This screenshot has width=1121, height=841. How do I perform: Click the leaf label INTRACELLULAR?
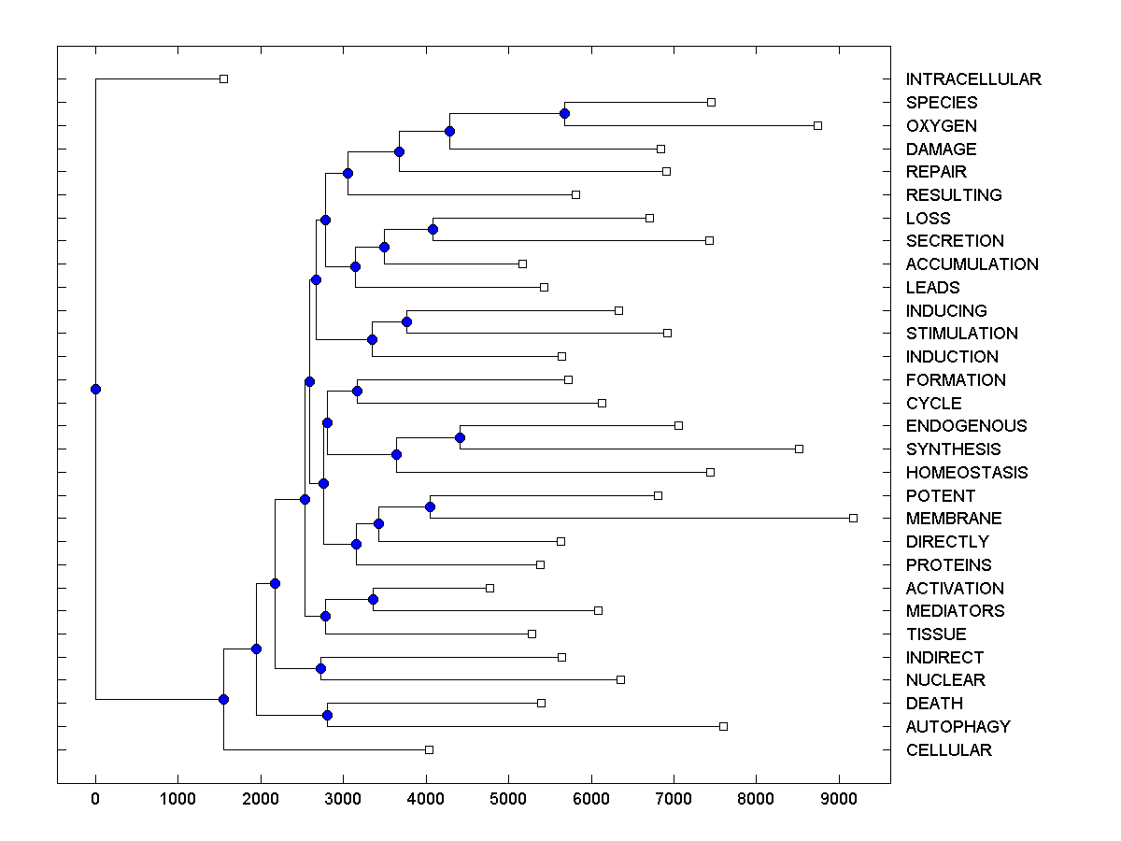pyautogui.click(x=972, y=79)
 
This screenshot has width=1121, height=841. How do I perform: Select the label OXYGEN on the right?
pyautogui.click(x=941, y=126)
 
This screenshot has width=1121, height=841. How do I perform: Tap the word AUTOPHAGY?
pyautogui.click(x=958, y=727)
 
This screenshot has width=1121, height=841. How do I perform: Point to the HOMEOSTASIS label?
pyautogui.click(x=966, y=473)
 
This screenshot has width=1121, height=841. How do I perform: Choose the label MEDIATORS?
pyautogui.click(x=955, y=611)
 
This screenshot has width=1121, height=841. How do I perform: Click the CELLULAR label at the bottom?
pyautogui.click(x=948, y=750)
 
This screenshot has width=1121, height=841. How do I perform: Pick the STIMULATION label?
pyautogui.click(x=961, y=334)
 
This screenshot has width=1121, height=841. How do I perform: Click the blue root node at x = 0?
pyautogui.click(x=95, y=389)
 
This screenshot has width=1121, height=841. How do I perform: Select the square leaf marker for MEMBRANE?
pyautogui.click(x=853, y=518)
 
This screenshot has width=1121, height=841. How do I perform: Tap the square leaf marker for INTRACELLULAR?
pyautogui.click(x=223, y=78)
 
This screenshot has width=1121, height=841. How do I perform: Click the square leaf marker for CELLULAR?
pyautogui.click(x=429, y=749)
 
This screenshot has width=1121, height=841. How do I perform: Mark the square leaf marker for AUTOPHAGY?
pyautogui.click(x=723, y=726)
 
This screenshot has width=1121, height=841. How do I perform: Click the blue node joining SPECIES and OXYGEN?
pyautogui.click(x=564, y=113)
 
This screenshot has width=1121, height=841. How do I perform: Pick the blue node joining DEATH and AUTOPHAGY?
pyautogui.click(x=327, y=715)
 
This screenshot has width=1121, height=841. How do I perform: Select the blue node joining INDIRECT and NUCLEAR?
pyautogui.click(x=320, y=668)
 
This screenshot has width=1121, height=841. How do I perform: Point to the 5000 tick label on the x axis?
pyautogui.click(x=508, y=798)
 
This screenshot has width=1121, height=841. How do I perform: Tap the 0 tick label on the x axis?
pyautogui.click(x=95, y=798)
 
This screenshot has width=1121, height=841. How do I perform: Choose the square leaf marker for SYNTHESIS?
pyautogui.click(x=799, y=449)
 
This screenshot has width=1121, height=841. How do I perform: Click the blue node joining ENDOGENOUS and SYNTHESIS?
pyautogui.click(x=460, y=437)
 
